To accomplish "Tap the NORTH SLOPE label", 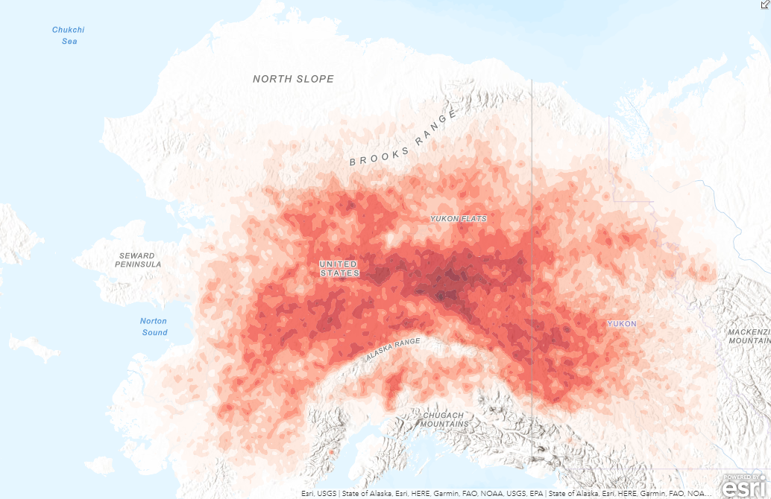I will (x=293, y=79).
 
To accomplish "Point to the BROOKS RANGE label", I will (x=403, y=139).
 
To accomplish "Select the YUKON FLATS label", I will (x=459, y=219).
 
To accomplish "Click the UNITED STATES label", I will (x=339, y=269).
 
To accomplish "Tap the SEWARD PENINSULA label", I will (x=139, y=260).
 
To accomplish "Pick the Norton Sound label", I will (x=154, y=326).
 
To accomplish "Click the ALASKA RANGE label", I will (x=393, y=350).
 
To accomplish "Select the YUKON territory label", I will (x=622, y=324).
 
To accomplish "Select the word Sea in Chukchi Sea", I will (x=69, y=41).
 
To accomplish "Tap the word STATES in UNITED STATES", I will (x=339, y=273).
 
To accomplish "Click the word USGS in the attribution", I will (x=326, y=493).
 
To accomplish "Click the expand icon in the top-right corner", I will (x=764, y=4).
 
